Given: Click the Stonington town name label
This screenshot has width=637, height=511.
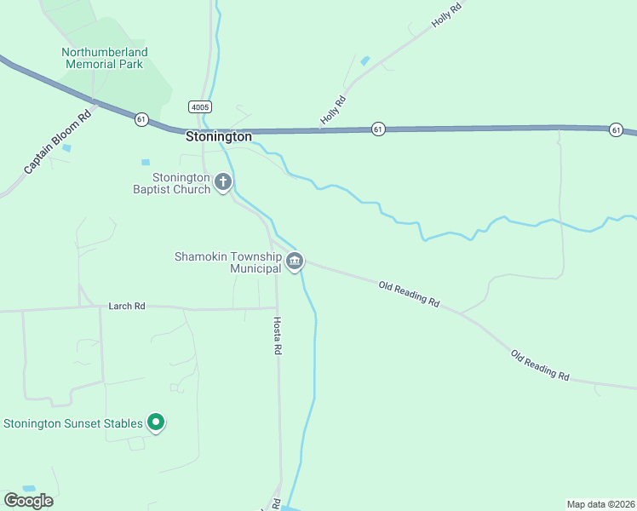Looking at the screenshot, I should pos(219,136).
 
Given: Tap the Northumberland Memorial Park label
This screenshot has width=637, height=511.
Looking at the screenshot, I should pos(105,58).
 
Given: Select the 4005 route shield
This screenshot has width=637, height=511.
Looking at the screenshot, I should pos(200,107).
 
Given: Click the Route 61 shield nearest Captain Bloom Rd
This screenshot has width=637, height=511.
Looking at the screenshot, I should pos(141,120).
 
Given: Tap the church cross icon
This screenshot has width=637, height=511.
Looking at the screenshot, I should pos(223,181).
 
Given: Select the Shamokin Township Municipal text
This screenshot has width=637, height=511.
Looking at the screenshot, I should pos(227,262).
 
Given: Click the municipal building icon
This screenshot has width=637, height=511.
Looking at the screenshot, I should pos(295,261).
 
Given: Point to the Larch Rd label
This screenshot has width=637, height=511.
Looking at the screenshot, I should pos(127,306).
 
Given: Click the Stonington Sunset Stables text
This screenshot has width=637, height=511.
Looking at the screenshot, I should pos(72,423).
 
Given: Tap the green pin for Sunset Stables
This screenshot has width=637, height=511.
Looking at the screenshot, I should pos(156,422).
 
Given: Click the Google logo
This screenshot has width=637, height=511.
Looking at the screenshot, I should pos(28,501).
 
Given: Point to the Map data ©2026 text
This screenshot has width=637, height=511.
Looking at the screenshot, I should pos(600,504).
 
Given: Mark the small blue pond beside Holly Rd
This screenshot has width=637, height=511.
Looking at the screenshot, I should pos(365,61).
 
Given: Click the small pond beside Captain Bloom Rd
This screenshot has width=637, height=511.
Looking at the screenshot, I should pos(66,148).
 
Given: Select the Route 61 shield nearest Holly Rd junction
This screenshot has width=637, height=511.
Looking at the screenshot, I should pos(378,129).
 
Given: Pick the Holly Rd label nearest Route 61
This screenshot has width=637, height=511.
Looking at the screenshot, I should pos(331,112).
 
